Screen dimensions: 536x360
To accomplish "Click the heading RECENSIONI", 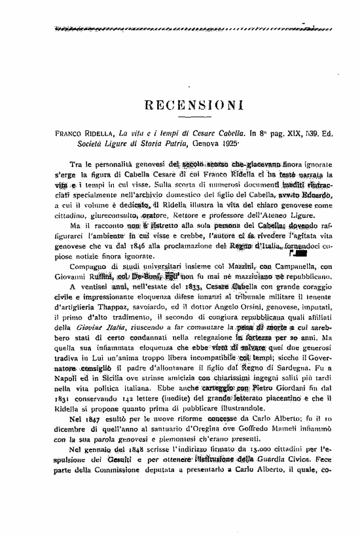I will (194, 105).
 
